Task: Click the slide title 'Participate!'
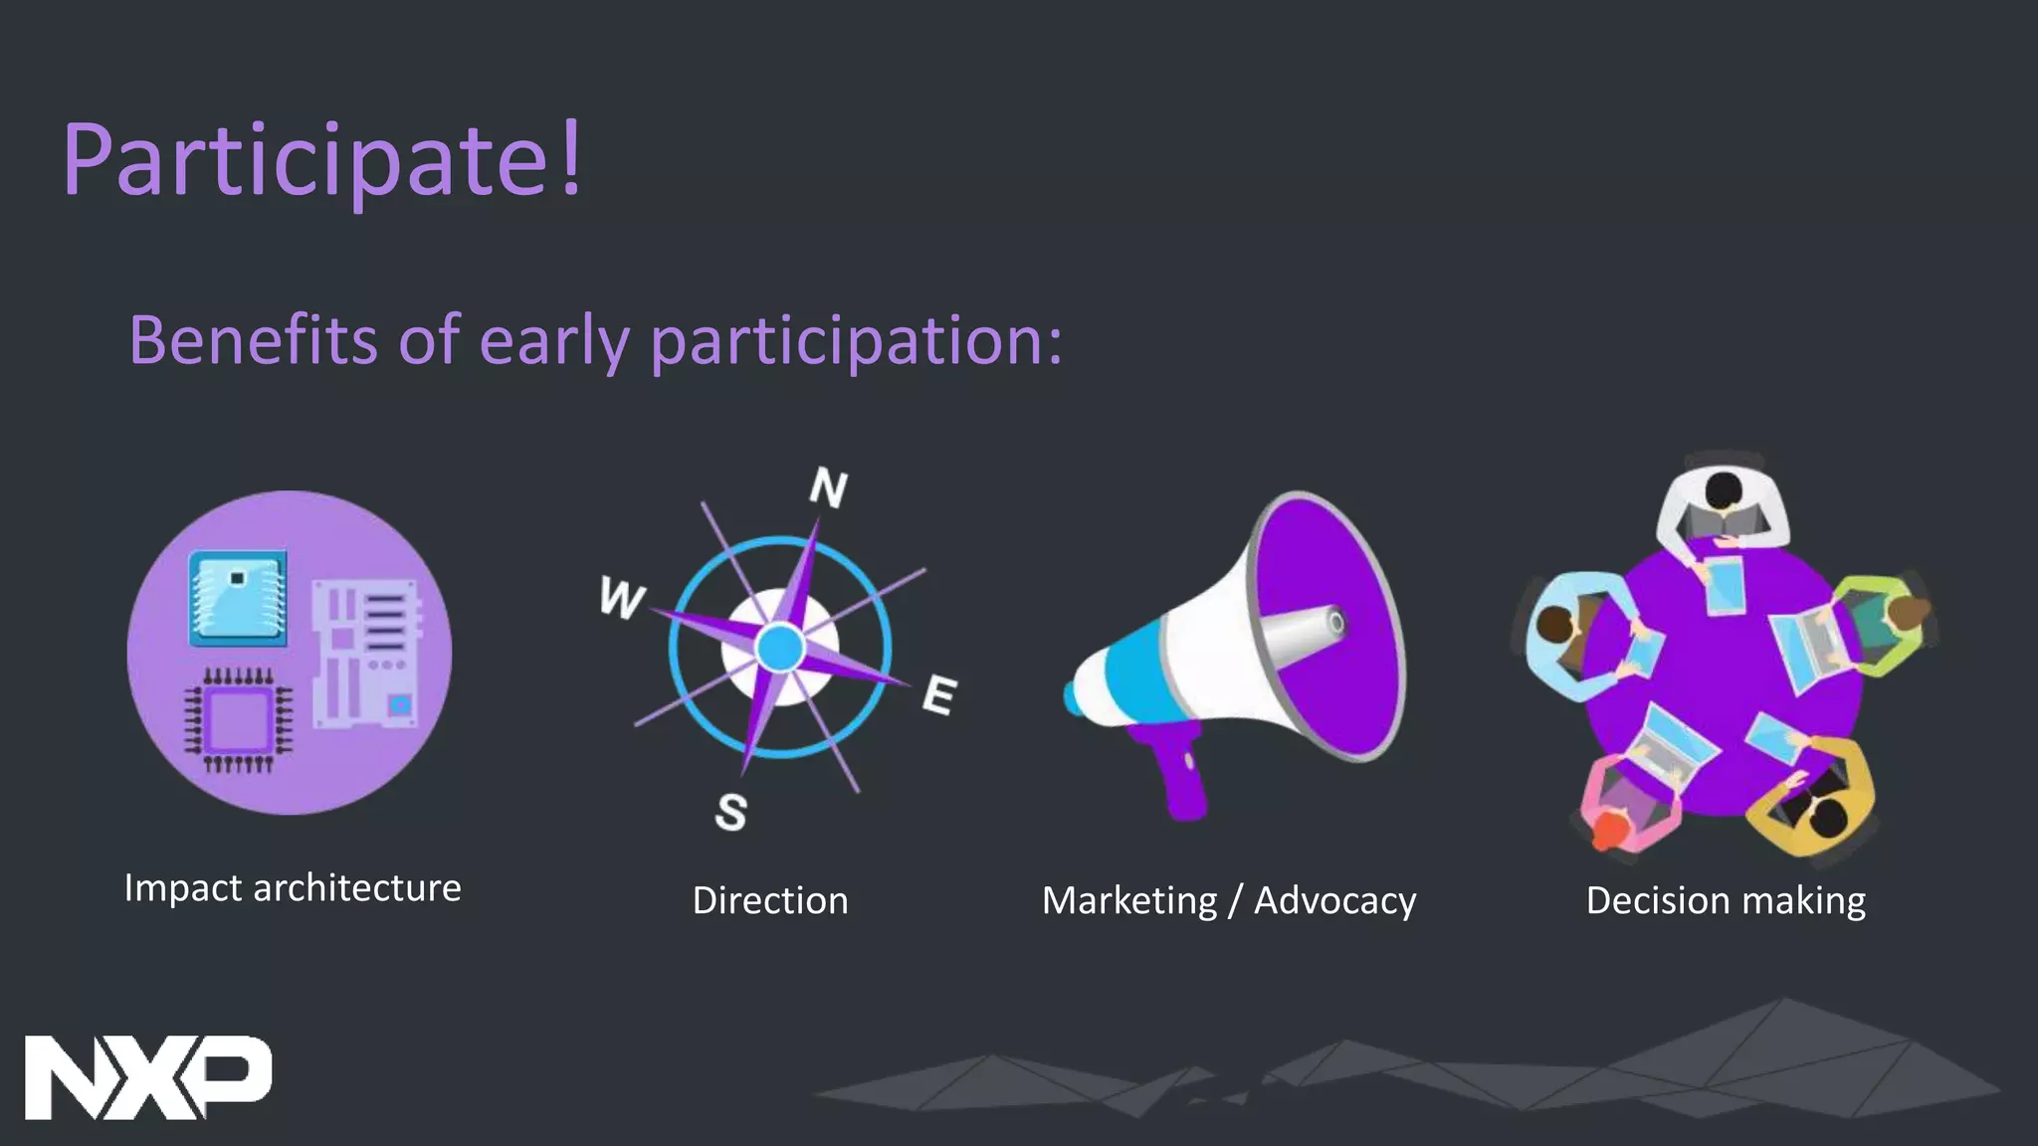click(322, 160)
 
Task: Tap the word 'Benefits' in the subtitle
click(253, 340)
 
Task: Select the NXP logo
click(147, 1077)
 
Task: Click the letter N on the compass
click(828, 487)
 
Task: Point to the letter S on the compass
click(731, 812)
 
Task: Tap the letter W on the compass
click(622, 598)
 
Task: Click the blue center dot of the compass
click(780, 649)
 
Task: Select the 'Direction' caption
click(770, 900)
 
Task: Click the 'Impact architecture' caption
click(293, 887)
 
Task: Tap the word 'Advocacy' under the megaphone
click(1334, 900)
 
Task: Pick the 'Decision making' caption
click(1726, 900)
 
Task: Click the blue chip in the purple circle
click(238, 597)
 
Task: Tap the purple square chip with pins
click(238, 719)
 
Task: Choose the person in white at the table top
click(1722, 501)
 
